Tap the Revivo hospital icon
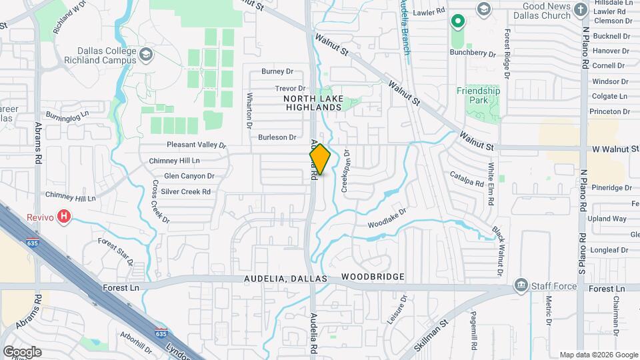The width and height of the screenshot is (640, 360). click(64, 216)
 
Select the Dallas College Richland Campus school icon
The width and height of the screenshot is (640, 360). click(145, 53)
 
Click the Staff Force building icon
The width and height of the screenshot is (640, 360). click(520, 287)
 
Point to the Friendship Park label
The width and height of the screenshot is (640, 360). click(478, 95)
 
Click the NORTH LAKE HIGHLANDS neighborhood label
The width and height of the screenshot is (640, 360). click(313, 103)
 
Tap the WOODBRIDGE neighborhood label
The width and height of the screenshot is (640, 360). click(373, 277)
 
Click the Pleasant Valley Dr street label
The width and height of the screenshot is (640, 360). click(197, 145)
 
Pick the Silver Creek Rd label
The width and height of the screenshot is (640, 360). click(186, 192)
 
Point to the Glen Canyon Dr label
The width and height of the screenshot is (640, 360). click(189, 177)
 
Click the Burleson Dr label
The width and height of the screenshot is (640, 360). click(277, 137)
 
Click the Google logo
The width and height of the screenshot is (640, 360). click(22, 352)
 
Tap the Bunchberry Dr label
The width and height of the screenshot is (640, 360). click(473, 54)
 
